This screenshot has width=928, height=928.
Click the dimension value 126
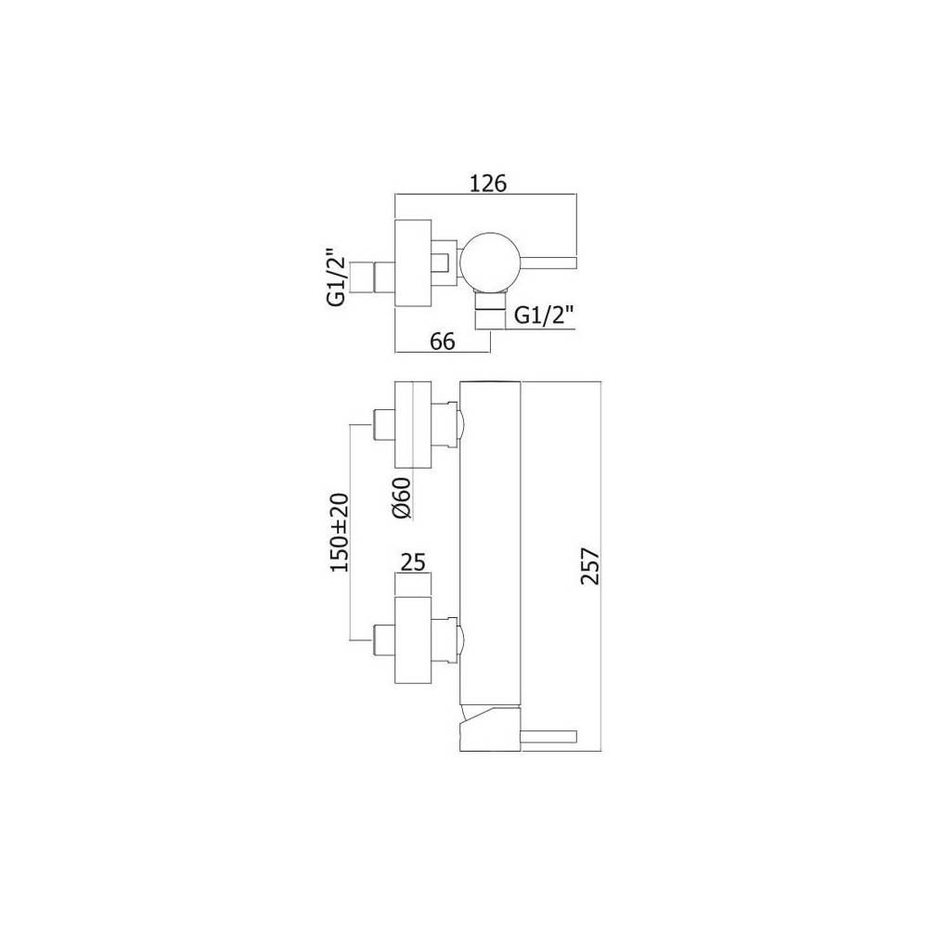pyautogui.click(x=487, y=184)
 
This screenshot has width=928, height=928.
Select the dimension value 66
pyautogui.click(x=442, y=341)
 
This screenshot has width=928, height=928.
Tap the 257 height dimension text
pyautogui.click(x=590, y=566)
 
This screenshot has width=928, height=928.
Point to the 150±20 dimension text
pyautogui.click(x=339, y=532)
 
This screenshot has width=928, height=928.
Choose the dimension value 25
pyautogui.click(x=414, y=562)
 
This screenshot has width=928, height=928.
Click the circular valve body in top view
pyautogui.click(x=492, y=260)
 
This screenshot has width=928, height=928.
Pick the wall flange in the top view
pyautogui.click(x=414, y=262)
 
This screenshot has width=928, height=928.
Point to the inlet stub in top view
pyautogui.click(x=380, y=276)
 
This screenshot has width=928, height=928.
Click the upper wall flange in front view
pyautogui.click(x=414, y=424)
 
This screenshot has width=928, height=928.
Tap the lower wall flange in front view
pyautogui.click(x=414, y=640)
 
